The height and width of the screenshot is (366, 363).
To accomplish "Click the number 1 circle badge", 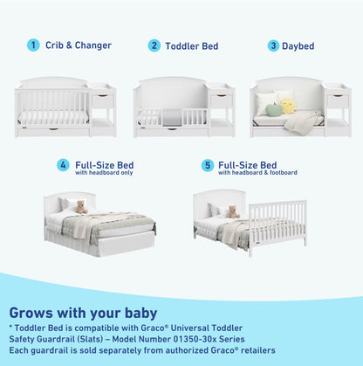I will pyautogui.click(x=33, y=45).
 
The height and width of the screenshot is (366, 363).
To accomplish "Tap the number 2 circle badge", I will pyautogui.click(x=154, y=45).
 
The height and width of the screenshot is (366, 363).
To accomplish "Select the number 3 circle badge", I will pyautogui.click(x=273, y=45).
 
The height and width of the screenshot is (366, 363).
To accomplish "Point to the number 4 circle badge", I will pyautogui.click(x=64, y=164).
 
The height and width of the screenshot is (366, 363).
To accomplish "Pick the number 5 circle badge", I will pyautogui.click(x=208, y=164).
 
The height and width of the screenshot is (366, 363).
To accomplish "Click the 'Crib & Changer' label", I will pyautogui.click(x=79, y=45).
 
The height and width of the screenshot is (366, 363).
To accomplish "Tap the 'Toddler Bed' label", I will pyautogui.click(x=192, y=45).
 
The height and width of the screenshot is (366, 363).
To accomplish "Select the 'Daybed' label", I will pyautogui.click(x=298, y=45).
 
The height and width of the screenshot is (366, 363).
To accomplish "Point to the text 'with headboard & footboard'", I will pyautogui.click(x=254, y=173).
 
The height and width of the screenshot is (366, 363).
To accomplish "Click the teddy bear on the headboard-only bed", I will pyautogui.click(x=81, y=207).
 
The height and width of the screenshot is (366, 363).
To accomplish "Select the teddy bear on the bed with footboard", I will pyautogui.click(x=233, y=211).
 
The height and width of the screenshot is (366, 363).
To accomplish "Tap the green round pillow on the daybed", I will pyautogui.click(x=273, y=109).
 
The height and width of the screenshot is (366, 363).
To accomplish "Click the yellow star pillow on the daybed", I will pyautogui.click(x=289, y=105).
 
